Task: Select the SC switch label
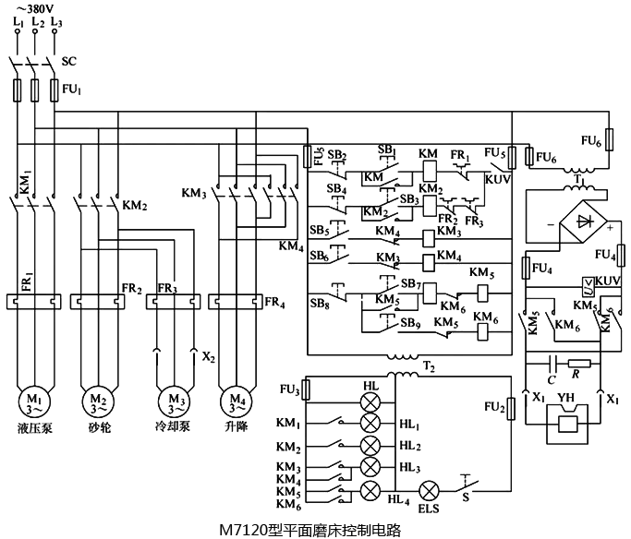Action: pos(68,62)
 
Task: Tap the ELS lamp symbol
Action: pos(430,490)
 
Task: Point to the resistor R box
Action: pos(580,363)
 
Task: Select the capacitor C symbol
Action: pos(553,363)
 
